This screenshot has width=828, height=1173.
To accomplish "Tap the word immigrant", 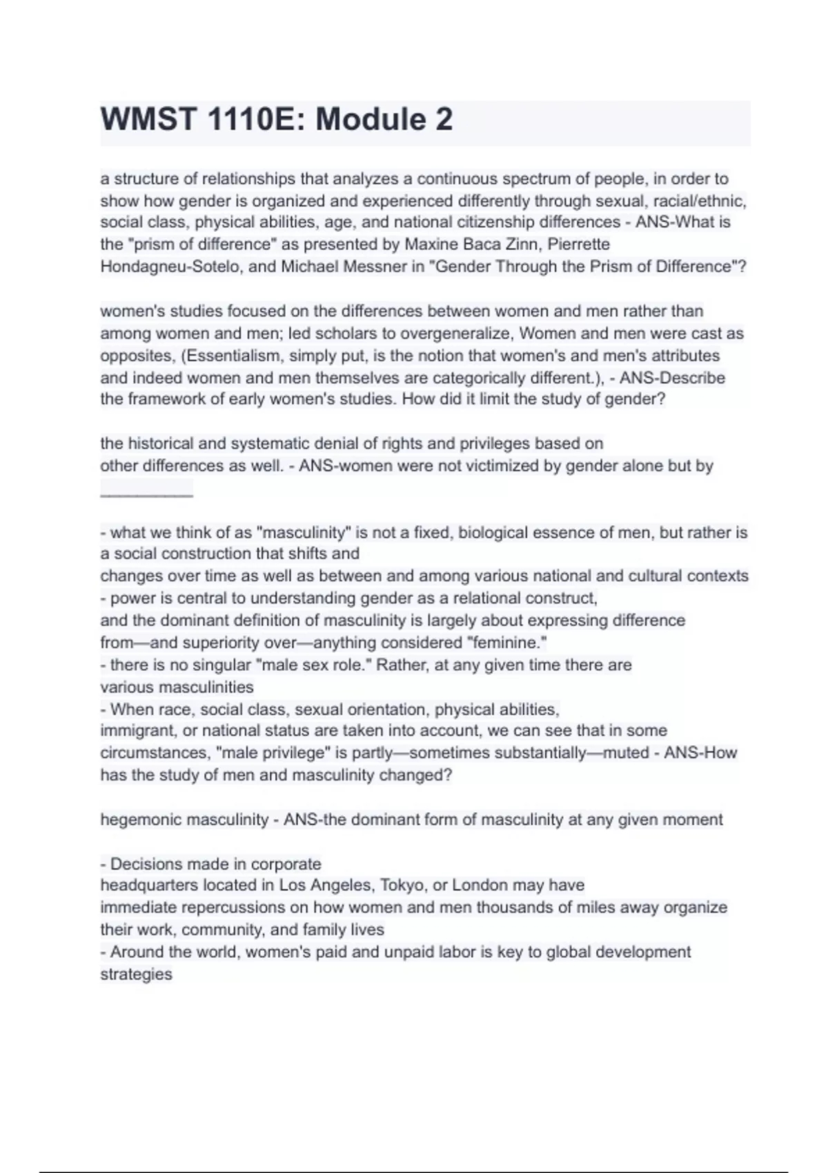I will (x=137, y=731).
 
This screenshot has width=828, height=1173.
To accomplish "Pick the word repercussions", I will (x=243, y=907).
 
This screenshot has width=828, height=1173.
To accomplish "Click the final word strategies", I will (x=136, y=974).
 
